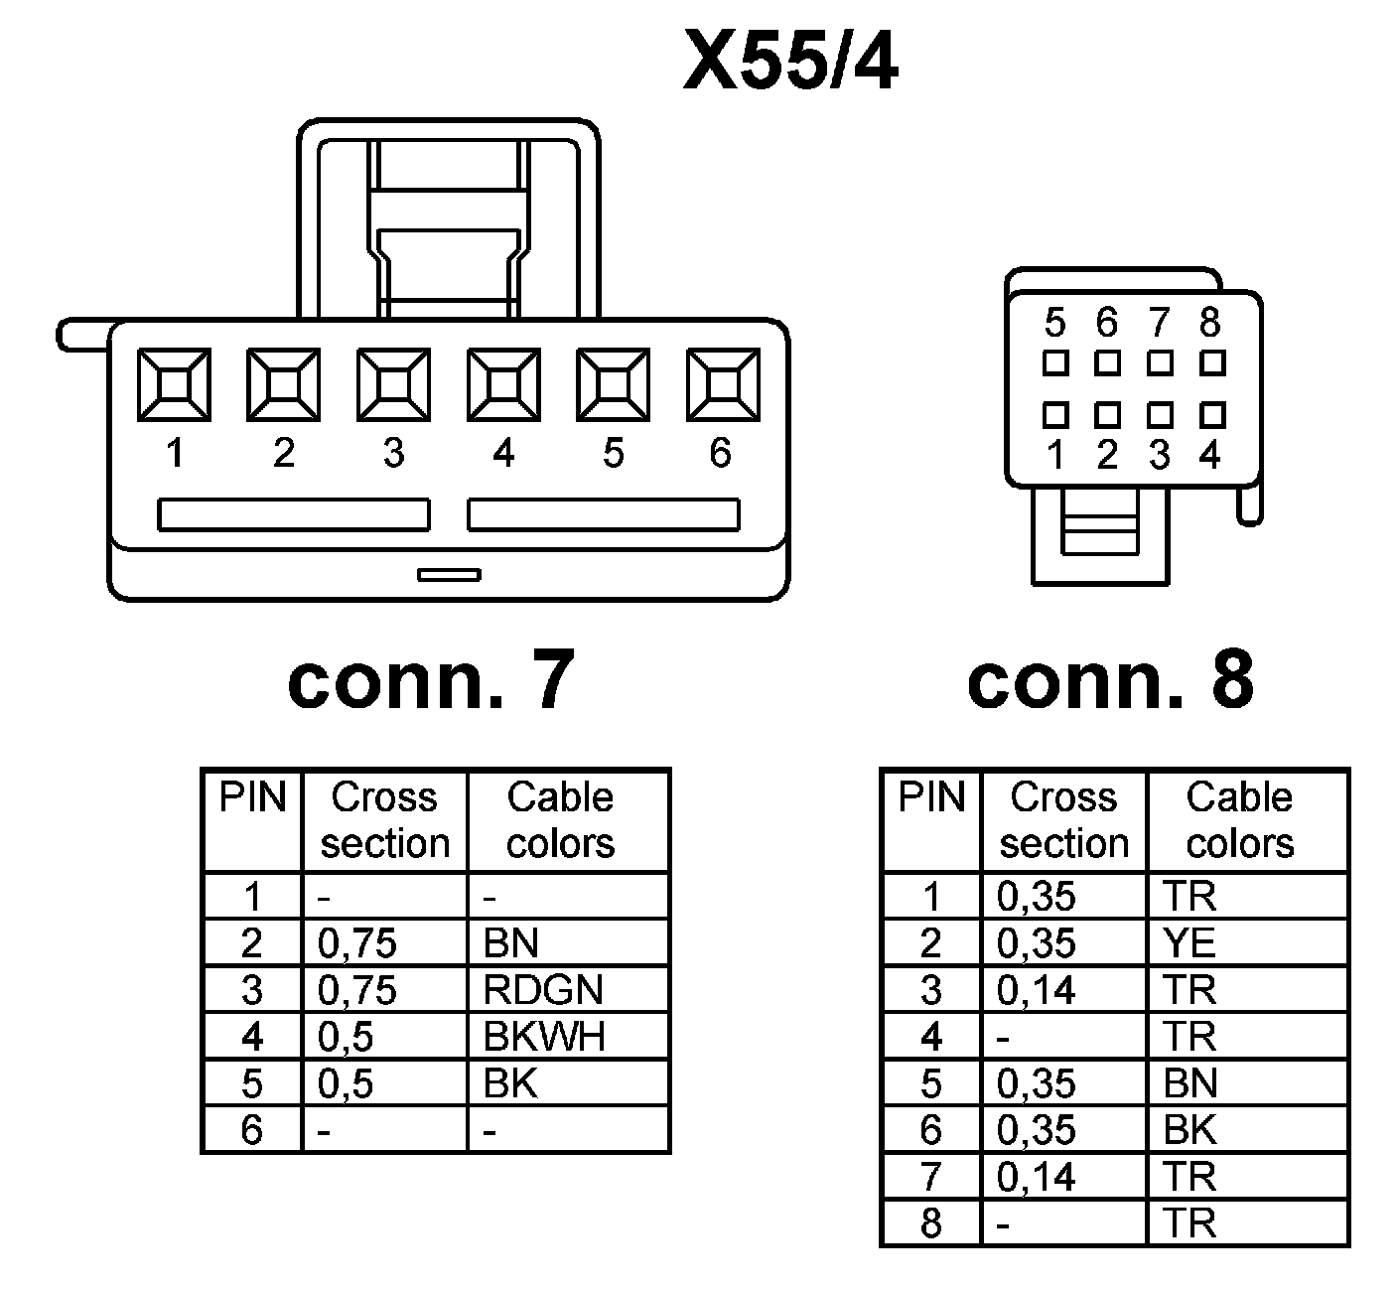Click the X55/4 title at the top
[x=790, y=63]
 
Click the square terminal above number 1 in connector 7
[x=174, y=384]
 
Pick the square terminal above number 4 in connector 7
[x=503, y=384]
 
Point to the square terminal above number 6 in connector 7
[x=723, y=384]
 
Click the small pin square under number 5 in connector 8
[x=1054, y=363]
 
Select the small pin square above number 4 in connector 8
[x=1211, y=413]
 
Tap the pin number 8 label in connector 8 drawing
[x=1209, y=323]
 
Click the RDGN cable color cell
[x=543, y=990]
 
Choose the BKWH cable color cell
[x=544, y=1037]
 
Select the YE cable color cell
[x=1189, y=943]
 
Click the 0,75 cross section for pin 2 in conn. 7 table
[x=357, y=943]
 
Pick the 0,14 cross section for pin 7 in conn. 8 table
[x=1037, y=1177]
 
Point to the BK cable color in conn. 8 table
[x=1189, y=1130]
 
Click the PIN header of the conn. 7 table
[x=252, y=798]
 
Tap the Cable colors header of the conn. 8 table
[x=1240, y=820]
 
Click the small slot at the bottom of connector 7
[x=449, y=574]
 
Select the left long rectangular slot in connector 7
[x=294, y=515]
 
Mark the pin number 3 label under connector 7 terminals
[x=394, y=454]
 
